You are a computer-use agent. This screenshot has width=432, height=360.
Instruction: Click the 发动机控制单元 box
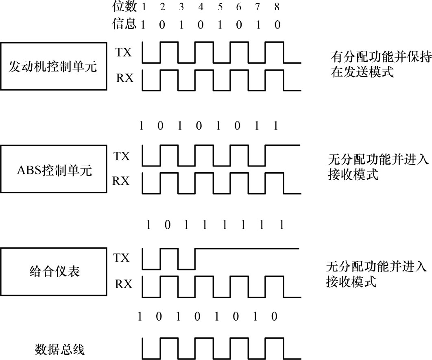[53, 66]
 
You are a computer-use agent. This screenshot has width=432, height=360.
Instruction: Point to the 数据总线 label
[59, 349]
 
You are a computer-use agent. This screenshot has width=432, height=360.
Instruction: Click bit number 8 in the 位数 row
[277, 7]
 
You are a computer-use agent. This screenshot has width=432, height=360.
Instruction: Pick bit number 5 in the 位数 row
[220, 7]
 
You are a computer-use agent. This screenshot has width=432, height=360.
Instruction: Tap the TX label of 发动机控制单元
[124, 52]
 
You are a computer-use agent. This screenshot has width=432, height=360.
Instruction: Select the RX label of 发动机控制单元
[124, 77]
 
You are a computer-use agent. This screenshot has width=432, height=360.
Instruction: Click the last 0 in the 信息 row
[277, 25]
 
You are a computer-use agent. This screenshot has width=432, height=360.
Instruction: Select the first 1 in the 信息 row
[143, 25]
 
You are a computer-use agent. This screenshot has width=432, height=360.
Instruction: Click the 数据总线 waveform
[222, 347]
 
